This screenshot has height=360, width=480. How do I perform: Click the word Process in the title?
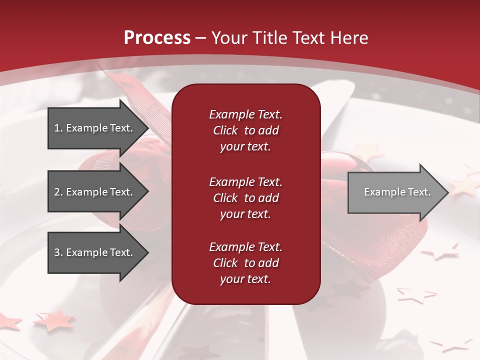coord(157,38)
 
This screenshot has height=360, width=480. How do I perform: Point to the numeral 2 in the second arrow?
coord(57,192)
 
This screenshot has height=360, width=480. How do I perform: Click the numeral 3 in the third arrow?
coord(57,252)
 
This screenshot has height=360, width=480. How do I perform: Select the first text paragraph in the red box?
coord(245,130)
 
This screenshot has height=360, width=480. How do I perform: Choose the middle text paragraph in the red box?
coord(245,198)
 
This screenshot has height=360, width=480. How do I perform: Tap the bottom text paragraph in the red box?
coord(245,263)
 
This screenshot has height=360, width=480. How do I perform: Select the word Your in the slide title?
coord(228,38)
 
